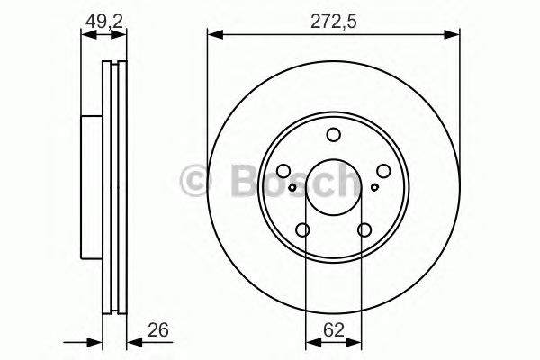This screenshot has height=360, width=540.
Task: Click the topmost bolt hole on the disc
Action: coord(334,135)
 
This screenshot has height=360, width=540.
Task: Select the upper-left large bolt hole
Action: coord(283,171)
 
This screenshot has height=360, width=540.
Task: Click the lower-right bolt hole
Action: coord(364,230)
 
